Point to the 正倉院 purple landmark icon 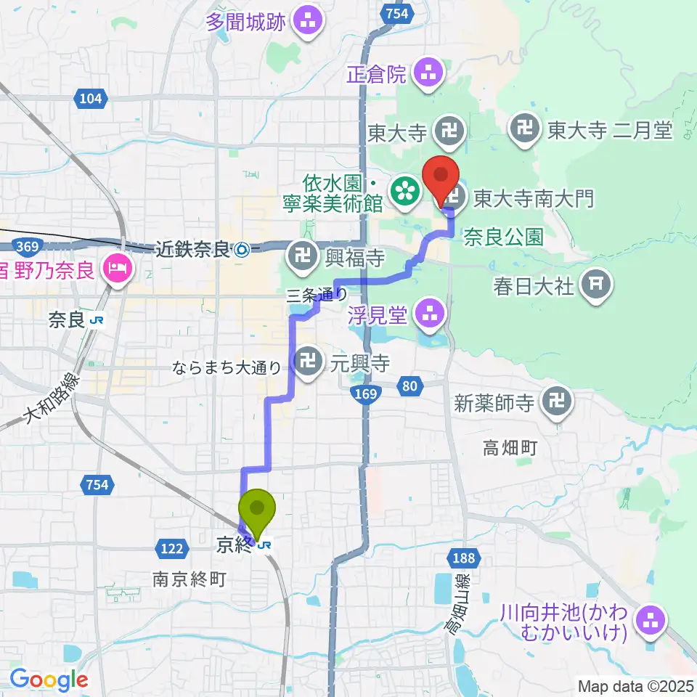pyautogui.click(x=426, y=72)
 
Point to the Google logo pyautogui.click(x=49, y=679)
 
